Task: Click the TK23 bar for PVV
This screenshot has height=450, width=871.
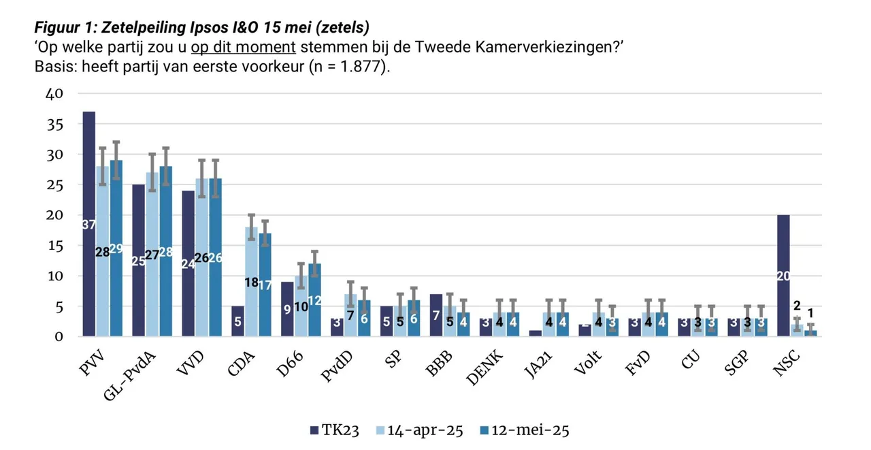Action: click(89, 224)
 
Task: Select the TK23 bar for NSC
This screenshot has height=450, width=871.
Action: click(783, 275)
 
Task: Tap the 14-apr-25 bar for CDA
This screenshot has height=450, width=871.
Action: click(251, 282)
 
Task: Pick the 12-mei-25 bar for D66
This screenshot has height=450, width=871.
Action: click(314, 300)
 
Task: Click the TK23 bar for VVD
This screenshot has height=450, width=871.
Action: click(188, 263)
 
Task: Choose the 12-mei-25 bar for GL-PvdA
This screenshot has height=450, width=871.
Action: click(165, 251)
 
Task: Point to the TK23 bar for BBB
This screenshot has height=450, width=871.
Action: click(436, 315)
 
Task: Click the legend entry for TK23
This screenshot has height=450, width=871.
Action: click(334, 430)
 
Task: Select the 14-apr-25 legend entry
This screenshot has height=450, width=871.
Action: click(420, 430)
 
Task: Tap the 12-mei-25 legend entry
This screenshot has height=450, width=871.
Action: click(525, 430)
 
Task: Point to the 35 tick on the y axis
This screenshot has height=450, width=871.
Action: click(54, 125)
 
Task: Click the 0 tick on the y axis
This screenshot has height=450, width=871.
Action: click(59, 336)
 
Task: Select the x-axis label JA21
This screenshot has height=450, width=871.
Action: click(538, 364)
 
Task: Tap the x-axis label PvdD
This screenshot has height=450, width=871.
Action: click(337, 366)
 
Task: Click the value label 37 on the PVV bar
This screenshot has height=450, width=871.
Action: click(89, 225)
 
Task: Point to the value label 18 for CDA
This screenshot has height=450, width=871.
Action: click(252, 282)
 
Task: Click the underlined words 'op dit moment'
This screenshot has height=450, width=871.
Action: click(244, 47)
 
